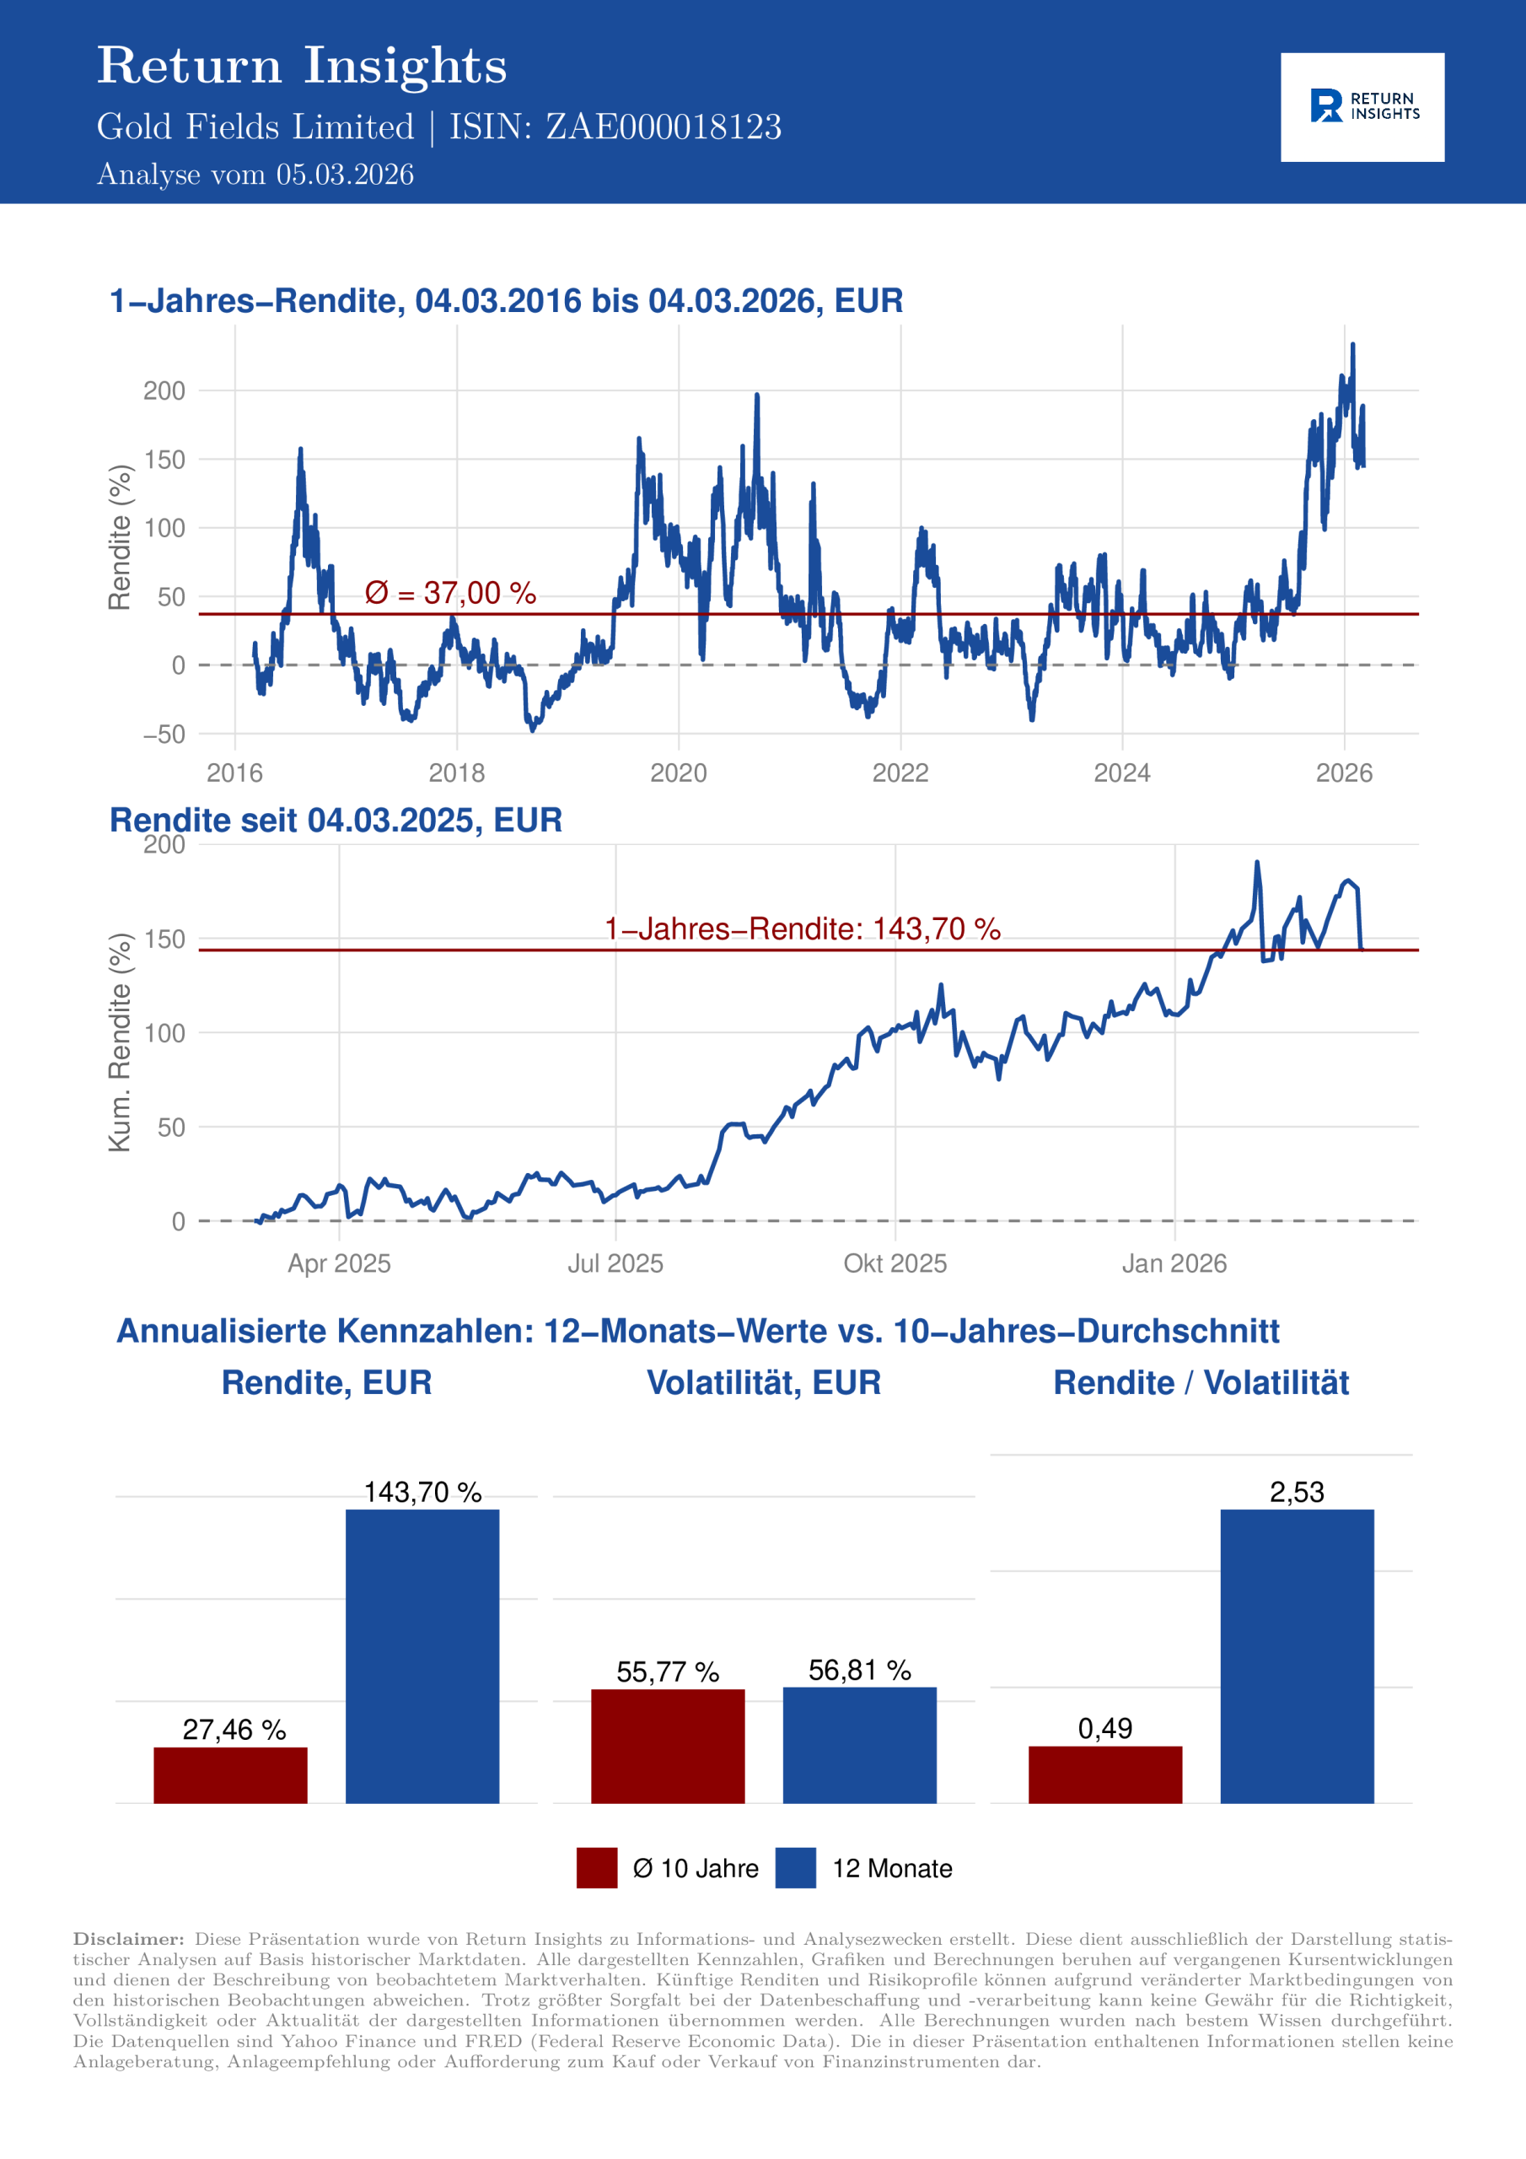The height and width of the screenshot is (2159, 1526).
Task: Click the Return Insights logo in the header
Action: [1362, 106]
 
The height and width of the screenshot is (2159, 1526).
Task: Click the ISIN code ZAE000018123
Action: [663, 127]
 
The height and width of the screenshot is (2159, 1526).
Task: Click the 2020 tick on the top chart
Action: [678, 773]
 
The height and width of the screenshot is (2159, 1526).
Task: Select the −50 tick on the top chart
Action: [164, 735]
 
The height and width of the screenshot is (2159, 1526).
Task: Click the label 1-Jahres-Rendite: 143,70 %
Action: [802, 929]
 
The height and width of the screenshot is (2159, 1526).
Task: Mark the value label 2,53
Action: [1297, 1492]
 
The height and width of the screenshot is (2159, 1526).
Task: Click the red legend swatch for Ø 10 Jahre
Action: [597, 1867]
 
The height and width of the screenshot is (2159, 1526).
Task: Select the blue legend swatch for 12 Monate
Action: [795, 1867]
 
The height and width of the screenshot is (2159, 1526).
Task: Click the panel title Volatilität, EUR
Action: [764, 1383]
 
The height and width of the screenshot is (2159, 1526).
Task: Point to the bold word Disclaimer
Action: [129, 1939]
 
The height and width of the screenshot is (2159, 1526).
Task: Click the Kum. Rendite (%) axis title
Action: [120, 1042]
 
